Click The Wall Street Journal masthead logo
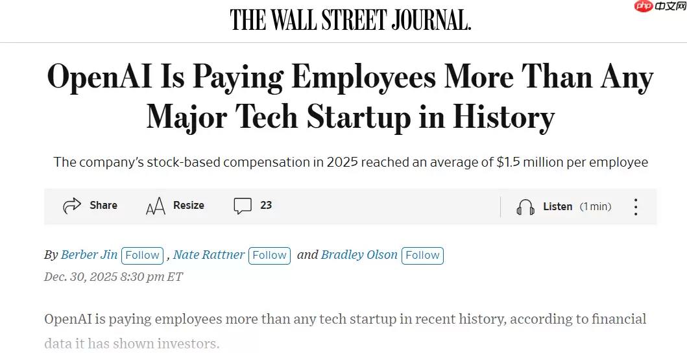(x=350, y=20)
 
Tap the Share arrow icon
(x=71, y=206)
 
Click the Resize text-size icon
(x=155, y=206)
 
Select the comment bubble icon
(x=243, y=206)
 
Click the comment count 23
(x=266, y=206)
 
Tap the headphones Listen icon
(x=525, y=207)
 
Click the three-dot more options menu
(x=636, y=207)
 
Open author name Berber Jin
(x=89, y=255)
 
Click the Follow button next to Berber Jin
(x=142, y=256)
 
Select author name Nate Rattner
(x=209, y=255)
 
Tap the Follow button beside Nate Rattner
(x=269, y=256)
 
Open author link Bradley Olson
(x=359, y=255)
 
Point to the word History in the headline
(x=503, y=117)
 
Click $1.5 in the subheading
(x=509, y=162)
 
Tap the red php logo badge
(x=644, y=7)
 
